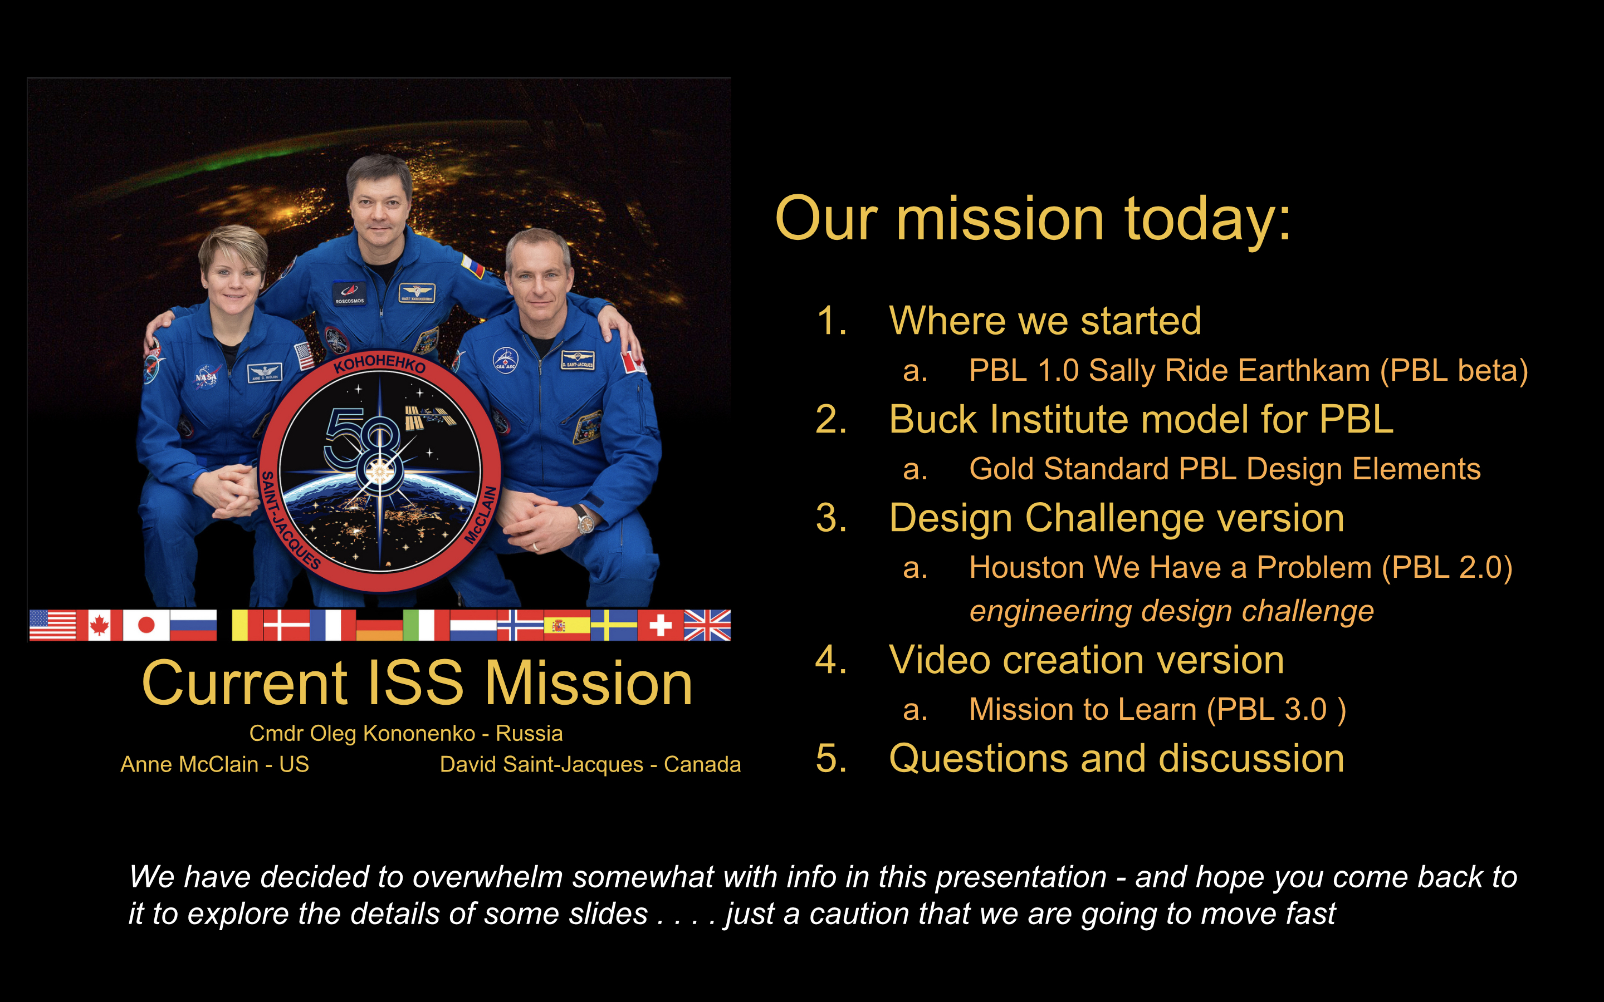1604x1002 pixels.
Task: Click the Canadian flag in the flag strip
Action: pyautogui.click(x=100, y=625)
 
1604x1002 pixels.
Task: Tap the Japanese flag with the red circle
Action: pyautogui.click(x=146, y=625)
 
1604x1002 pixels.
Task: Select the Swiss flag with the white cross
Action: pyautogui.click(x=660, y=625)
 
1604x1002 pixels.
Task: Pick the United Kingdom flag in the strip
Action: pyautogui.click(x=707, y=625)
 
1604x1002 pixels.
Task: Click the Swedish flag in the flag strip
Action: pyautogui.click(x=614, y=625)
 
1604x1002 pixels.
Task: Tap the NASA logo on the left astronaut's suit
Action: pyautogui.click(x=207, y=376)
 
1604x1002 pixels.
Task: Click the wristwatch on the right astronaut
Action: pyautogui.click(x=585, y=521)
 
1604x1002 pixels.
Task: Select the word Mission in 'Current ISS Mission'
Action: pyautogui.click(x=589, y=684)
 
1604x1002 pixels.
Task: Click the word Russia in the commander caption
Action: pyautogui.click(x=529, y=734)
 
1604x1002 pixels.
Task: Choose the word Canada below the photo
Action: pyautogui.click(x=702, y=764)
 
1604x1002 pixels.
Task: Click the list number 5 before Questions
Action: pyautogui.click(x=830, y=759)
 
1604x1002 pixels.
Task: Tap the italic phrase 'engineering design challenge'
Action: pyautogui.click(x=1171, y=612)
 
